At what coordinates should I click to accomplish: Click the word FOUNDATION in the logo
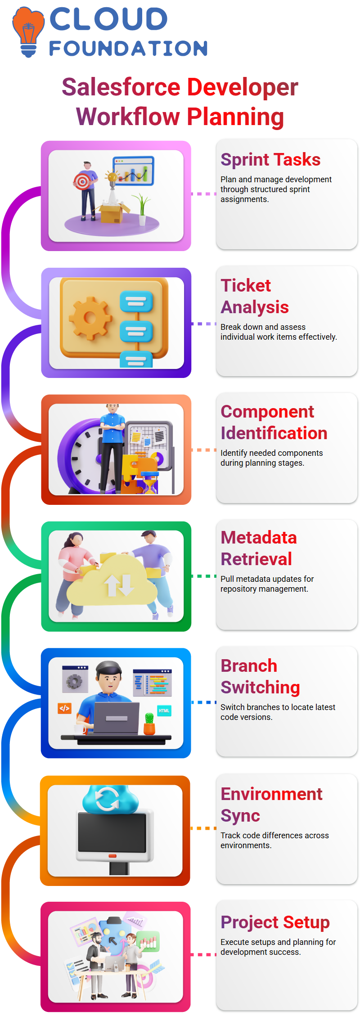(129, 49)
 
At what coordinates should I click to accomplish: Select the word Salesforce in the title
(121, 87)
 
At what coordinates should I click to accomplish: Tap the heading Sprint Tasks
(270, 160)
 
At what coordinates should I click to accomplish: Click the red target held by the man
(82, 182)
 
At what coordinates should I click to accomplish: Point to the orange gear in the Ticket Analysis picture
(90, 318)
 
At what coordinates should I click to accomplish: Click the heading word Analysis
(255, 307)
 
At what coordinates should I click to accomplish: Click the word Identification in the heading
(274, 433)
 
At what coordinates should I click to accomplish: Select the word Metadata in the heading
(259, 538)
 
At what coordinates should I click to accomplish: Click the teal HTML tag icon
(164, 711)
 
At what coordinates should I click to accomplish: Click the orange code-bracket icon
(64, 708)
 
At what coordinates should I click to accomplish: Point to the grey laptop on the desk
(117, 718)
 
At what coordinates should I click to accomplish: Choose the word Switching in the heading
(260, 688)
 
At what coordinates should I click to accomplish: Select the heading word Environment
(271, 794)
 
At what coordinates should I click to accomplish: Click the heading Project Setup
(275, 922)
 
